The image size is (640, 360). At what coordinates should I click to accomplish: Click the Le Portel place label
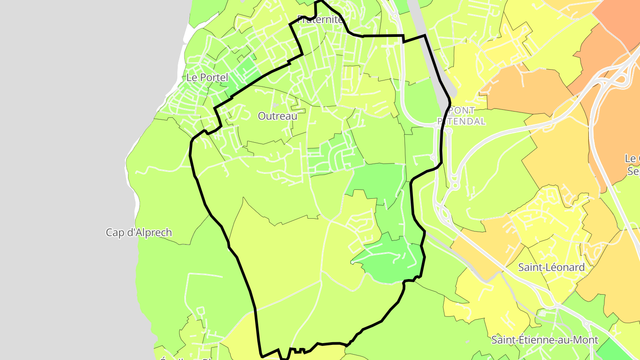click(207, 77)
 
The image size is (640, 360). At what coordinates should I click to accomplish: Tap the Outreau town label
click(277, 116)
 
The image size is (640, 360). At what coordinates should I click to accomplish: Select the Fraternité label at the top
click(320, 20)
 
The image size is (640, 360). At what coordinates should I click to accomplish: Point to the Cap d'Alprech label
click(139, 232)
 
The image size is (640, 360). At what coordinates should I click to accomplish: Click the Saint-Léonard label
click(551, 267)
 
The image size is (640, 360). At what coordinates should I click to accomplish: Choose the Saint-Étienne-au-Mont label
click(544, 340)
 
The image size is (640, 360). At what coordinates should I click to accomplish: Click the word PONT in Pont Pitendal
click(462, 110)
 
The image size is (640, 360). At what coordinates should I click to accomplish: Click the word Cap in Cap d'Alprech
click(115, 232)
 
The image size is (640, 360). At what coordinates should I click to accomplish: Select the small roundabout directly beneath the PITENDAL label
click(449, 131)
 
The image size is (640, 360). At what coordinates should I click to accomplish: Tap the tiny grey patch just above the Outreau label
click(276, 105)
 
